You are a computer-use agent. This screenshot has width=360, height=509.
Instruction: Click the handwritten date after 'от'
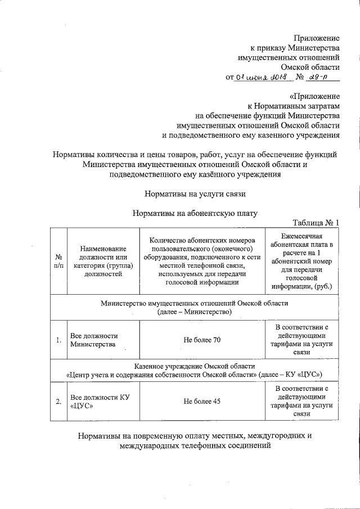[263, 78]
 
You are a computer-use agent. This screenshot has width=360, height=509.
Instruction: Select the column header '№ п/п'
[58, 260]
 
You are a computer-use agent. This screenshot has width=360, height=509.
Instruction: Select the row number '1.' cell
[58, 340]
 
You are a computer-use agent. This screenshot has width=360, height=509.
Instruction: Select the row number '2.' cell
[58, 401]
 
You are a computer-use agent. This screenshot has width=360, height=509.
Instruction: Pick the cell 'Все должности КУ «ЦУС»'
[99, 401]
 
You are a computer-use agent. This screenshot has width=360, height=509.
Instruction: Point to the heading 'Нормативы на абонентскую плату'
[195, 213]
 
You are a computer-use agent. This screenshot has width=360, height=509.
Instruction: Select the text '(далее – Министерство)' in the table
[194, 312]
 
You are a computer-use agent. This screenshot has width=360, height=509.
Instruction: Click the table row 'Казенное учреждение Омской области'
[194, 366]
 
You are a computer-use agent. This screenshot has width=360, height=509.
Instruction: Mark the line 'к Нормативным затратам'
[294, 106]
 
